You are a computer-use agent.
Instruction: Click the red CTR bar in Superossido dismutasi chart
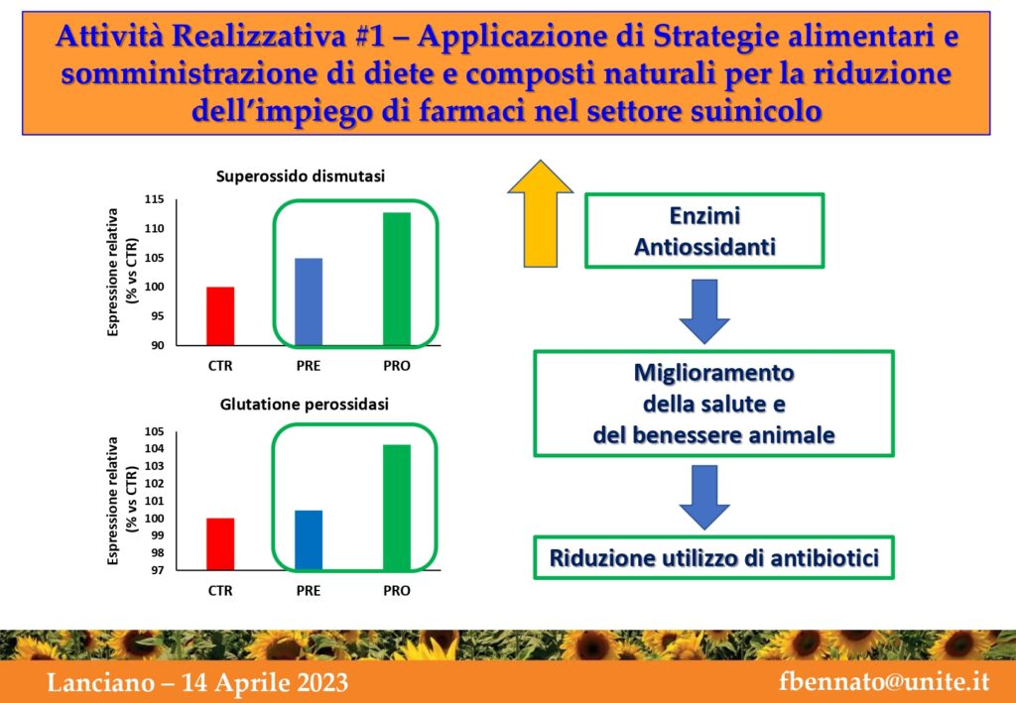220,316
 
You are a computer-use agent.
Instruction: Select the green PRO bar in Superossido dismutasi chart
397,279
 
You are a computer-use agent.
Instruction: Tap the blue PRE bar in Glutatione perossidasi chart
309,539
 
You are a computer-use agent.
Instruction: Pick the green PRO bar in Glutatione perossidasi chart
397,508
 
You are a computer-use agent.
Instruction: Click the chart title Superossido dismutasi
301,176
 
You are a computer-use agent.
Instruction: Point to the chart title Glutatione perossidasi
305,406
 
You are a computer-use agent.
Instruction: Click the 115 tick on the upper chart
154,199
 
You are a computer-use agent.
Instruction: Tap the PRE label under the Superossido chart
309,366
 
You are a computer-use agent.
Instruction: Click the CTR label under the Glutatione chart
220,591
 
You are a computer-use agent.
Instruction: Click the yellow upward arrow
541,213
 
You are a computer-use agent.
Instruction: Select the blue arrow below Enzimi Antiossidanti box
704,311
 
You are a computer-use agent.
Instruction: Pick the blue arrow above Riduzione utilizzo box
704,497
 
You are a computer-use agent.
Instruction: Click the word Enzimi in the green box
704,216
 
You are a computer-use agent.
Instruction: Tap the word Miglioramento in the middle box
713,374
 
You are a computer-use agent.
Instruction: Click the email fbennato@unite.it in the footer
884,682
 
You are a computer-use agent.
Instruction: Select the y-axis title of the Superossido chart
120,272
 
